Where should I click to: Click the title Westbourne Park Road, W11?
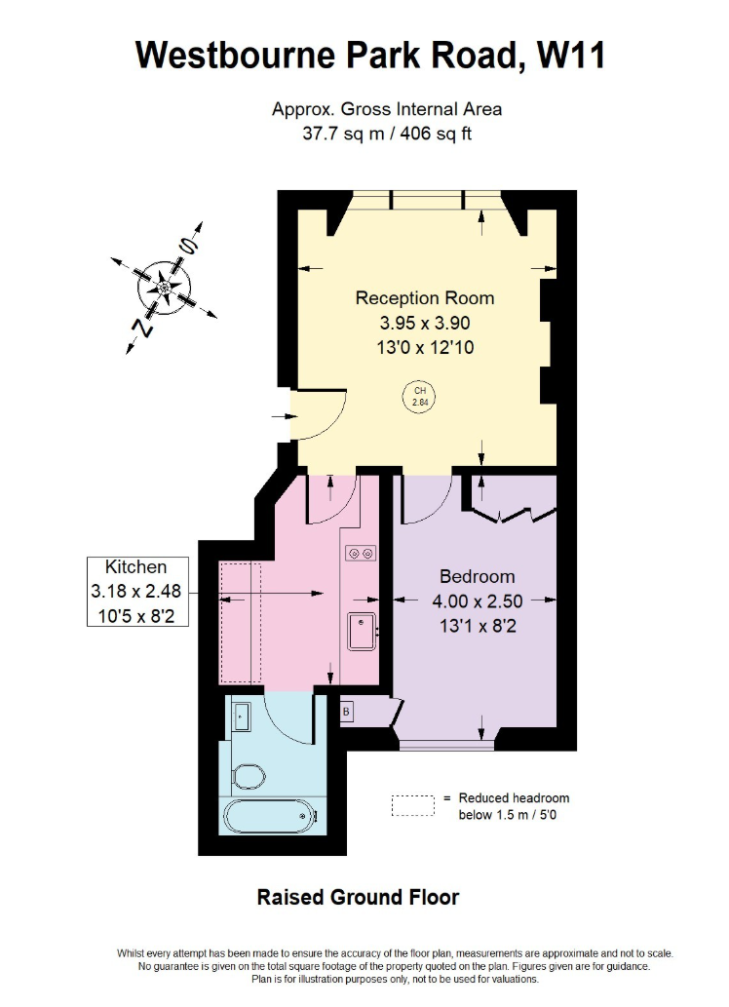coord(369,55)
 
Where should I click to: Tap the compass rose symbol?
coord(164,287)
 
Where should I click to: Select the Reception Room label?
coord(424,298)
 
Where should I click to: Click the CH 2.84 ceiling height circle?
coord(420,396)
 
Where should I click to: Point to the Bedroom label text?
coord(477,576)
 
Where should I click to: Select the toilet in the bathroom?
coord(250,776)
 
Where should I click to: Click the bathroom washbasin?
coord(243,717)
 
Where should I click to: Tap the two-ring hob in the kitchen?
coord(360,554)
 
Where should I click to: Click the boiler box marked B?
coord(346,713)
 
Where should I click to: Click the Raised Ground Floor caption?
coord(358,897)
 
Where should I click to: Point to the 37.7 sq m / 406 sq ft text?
coord(387,134)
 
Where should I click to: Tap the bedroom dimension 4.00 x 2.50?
coord(477,601)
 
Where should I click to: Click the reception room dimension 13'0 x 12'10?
coord(424,346)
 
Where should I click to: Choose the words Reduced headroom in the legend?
coord(514,797)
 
